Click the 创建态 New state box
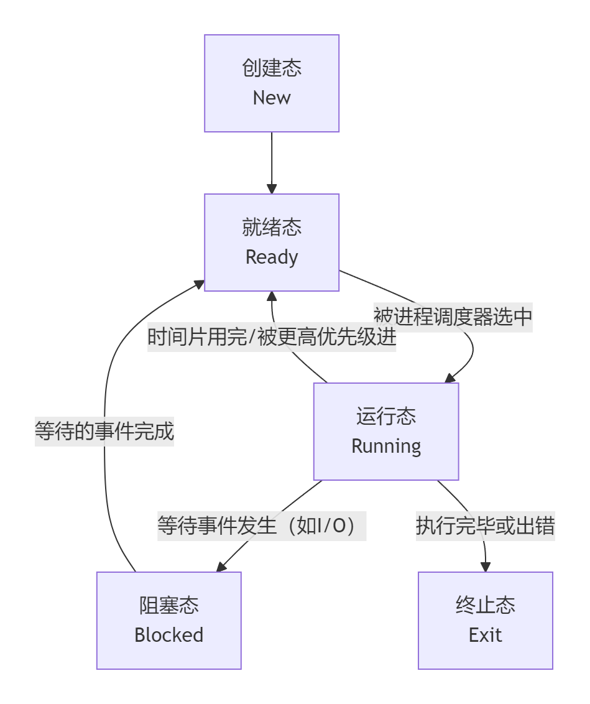click(x=272, y=83)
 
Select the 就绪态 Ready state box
click(x=272, y=242)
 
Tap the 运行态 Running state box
click(x=385, y=431)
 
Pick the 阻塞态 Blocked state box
click(x=168, y=620)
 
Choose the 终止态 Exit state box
click(x=485, y=620)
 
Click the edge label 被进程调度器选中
click(x=453, y=317)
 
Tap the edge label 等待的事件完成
click(x=104, y=431)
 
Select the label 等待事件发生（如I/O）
click(x=261, y=526)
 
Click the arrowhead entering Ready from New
click(x=272, y=189)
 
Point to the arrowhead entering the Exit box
click(x=486, y=567)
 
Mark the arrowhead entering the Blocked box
click(x=221, y=567)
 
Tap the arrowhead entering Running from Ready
click(x=449, y=378)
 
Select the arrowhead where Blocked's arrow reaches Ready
click(x=200, y=284)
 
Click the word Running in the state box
click(x=385, y=446)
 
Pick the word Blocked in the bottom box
click(x=168, y=635)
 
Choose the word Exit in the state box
click(x=485, y=635)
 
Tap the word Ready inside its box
click(x=272, y=257)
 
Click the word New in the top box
click(x=272, y=98)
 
